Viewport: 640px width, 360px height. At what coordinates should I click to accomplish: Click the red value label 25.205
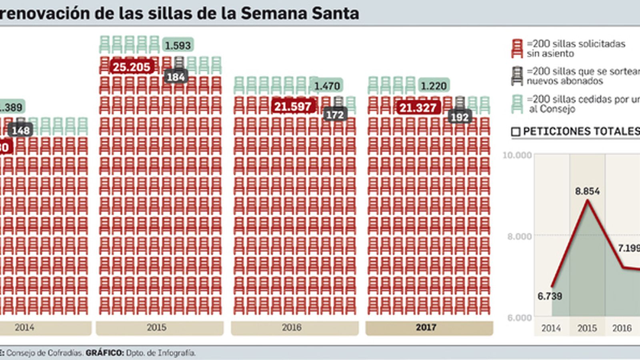[x=131, y=67]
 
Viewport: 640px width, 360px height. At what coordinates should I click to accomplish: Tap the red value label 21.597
[x=293, y=107]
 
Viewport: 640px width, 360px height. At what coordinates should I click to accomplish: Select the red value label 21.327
[x=418, y=108]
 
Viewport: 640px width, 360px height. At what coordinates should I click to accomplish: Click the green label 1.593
[x=178, y=46]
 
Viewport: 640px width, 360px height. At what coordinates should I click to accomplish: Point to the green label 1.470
[x=327, y=86]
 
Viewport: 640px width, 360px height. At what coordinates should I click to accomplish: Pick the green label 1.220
[x=434, y=86]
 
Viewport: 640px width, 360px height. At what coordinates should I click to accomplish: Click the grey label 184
[x=176, y=77]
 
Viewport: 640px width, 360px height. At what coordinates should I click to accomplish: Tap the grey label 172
[x=334, y=115]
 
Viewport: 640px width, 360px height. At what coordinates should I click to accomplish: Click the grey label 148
[x=21, y=130]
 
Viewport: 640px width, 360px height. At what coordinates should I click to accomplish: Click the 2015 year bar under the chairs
[x=159, y=328]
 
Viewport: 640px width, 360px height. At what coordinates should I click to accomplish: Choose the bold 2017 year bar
[x=429, y=328]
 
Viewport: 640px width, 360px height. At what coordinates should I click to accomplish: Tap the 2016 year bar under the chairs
[x=294, y=328]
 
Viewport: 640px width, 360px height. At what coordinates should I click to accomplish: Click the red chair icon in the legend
[x=517, y=49]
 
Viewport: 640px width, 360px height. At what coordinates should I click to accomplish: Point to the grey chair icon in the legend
[x=517, y=76]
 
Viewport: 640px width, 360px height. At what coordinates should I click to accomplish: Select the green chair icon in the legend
[x=517, y=104]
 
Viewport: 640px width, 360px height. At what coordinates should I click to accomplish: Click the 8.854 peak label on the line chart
[x=587, y=192]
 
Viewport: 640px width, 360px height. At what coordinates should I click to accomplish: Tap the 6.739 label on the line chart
[x=550, y=296]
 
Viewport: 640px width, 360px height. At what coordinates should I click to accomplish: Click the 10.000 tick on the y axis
[x=517, y=155]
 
